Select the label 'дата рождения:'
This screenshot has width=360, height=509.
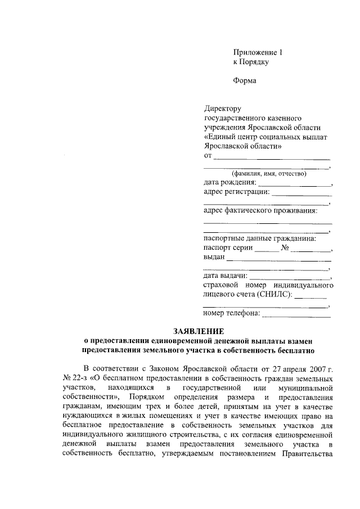tap(229, 183)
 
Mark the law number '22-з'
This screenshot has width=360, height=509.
tap(76, 379)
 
